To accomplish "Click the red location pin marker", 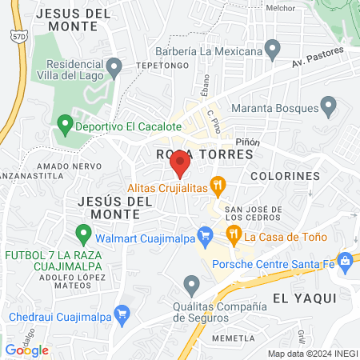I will click(179, 165).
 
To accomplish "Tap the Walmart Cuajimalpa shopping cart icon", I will click(205, 236).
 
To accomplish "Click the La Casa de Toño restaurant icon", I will click(234, 234).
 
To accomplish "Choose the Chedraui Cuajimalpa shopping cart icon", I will click(122, 314).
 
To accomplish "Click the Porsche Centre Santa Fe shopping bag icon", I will click(345, 261).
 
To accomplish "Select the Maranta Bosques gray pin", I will click(329, 106).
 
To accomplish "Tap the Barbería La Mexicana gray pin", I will click(273, 51).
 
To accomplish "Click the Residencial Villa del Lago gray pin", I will click(114, 66).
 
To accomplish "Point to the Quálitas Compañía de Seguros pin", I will click(191, 284).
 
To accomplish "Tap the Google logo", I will click(27, 350).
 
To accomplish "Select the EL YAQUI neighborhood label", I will click(302, 298).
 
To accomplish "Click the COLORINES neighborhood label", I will click(284, 175).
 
